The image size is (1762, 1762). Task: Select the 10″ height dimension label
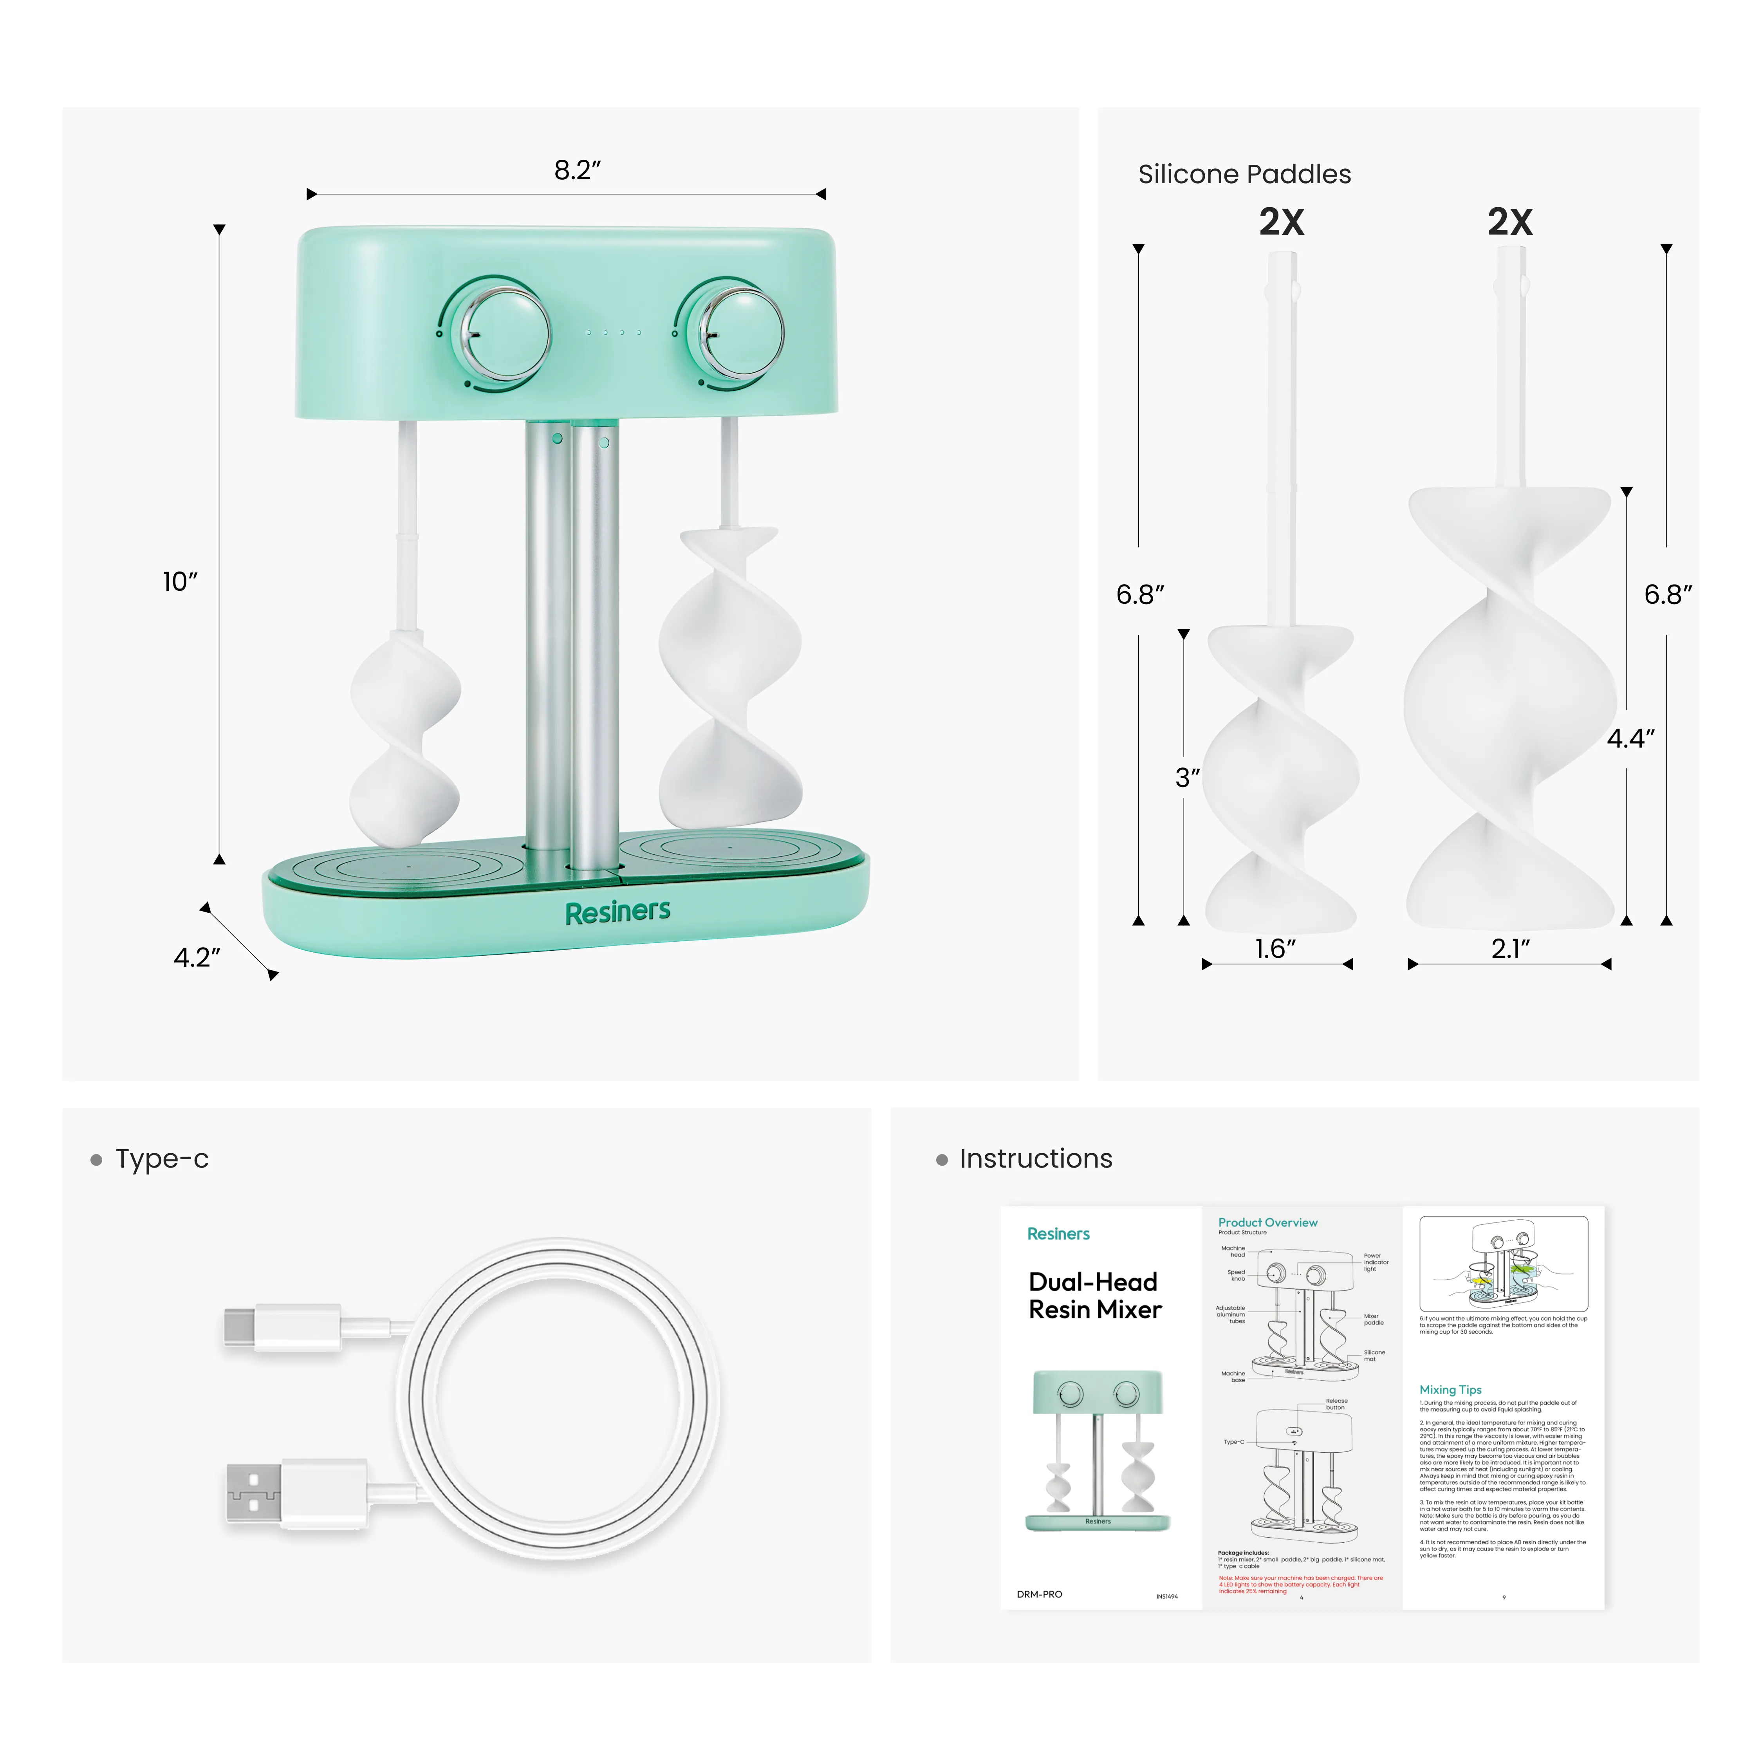[180, 582]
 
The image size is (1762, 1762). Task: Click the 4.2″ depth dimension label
[197, 958]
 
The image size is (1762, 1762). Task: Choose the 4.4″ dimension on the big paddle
[1630, 739]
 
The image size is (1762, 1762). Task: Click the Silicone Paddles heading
[1244, 174]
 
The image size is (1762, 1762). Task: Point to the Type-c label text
[161, 1159]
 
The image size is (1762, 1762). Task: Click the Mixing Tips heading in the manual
[1450, 1390]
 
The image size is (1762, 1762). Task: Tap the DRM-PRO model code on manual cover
[1040, 1594]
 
